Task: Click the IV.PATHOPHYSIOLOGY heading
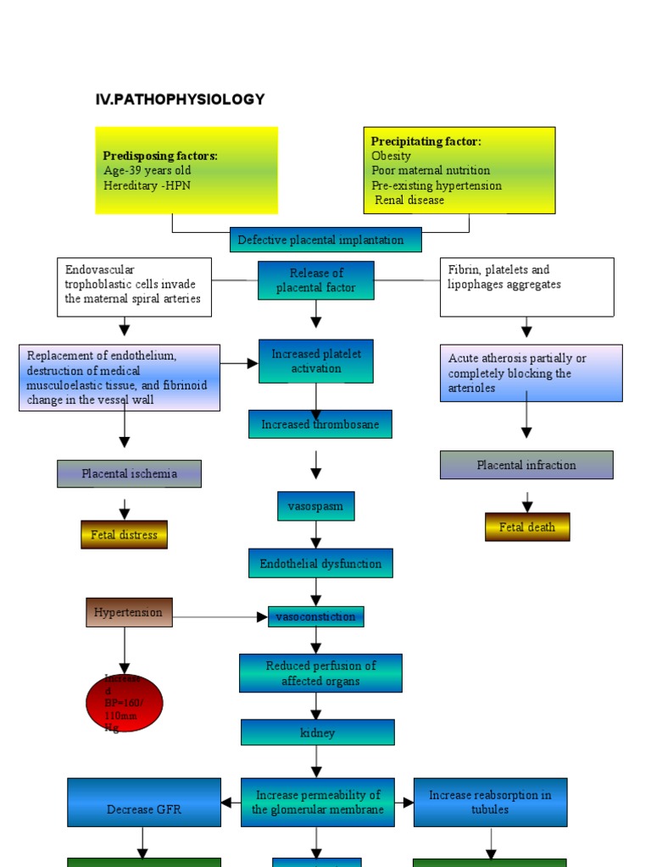[180, 100]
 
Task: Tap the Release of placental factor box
[316, 280]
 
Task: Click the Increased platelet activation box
[316, 362]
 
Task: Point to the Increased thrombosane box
[320, 424]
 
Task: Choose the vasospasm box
[315, 506]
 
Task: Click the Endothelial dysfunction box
[320, 564]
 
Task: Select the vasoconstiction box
[315, 616]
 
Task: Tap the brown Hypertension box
[129, 612]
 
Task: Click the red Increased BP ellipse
[125, 703]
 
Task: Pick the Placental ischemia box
[129, 474]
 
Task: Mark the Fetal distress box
[124, 535]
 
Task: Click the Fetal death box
[527, 527]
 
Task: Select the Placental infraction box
[526, 465]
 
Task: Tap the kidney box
[318, 732]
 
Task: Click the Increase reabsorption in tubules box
[490, 802]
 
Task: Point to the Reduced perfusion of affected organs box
[320, 673]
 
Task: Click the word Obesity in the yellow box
[392, 156]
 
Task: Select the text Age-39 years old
[147, 170]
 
